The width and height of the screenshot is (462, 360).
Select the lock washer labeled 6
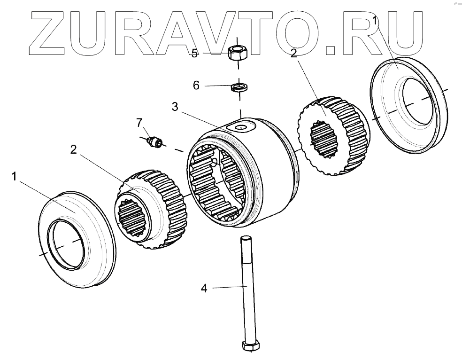[239, 87]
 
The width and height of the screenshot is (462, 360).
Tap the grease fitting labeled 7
[154, 141]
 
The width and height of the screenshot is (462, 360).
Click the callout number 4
[204, 288]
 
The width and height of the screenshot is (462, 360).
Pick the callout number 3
[175, 107]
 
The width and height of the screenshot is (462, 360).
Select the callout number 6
[196, 86]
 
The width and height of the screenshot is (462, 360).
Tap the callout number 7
[139, 123]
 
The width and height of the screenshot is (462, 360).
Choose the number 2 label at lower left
[73, 149]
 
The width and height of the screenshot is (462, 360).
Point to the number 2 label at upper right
[293, 53]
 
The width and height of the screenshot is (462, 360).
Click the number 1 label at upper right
[376, 20]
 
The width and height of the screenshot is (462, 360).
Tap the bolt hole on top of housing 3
[241, 127]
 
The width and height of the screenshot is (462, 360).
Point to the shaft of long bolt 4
[246, 291]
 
